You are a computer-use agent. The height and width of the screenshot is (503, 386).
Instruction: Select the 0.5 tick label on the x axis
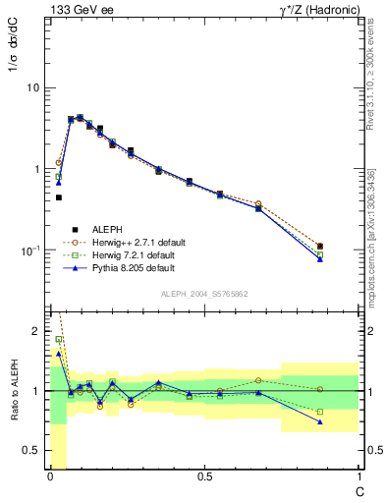[204, 476]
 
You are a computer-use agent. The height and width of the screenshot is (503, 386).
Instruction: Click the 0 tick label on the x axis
[49, 476]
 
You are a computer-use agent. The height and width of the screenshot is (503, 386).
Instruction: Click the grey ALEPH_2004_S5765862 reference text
[204, 294]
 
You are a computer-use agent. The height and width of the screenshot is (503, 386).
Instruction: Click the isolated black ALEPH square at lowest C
[59, 197]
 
